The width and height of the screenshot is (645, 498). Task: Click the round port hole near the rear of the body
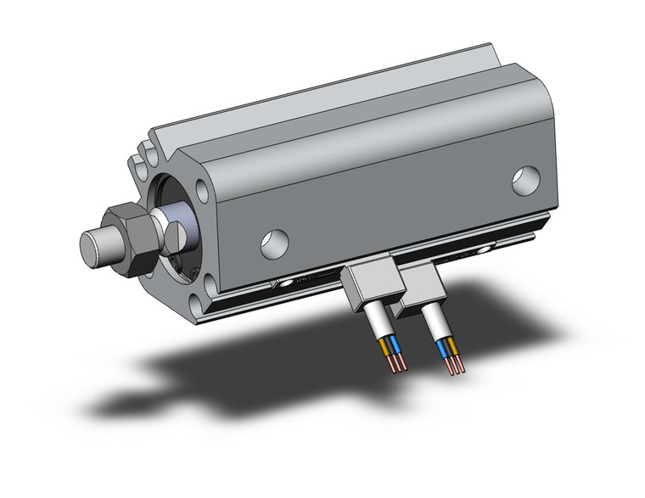(525, 178)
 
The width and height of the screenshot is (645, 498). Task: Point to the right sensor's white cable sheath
(438, 322)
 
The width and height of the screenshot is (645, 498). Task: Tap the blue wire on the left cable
(394, 346)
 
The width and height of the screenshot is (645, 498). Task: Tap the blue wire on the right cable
(442, 347)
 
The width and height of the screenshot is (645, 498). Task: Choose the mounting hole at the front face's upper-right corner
(203, 188)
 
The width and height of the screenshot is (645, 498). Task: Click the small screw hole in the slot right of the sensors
(486, 249)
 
